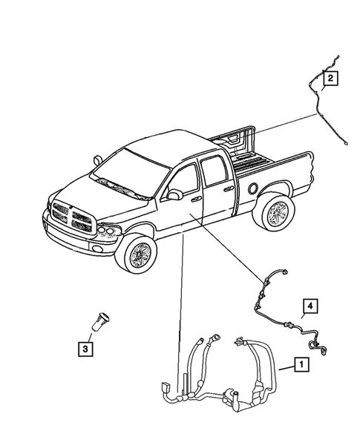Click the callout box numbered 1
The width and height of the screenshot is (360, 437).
[x=301, y=364]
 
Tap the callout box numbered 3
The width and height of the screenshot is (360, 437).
[x=87, y=346]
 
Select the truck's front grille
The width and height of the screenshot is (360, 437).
[x=71, y=217]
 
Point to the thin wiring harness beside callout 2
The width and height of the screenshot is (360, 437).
[x=318, y=111]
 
